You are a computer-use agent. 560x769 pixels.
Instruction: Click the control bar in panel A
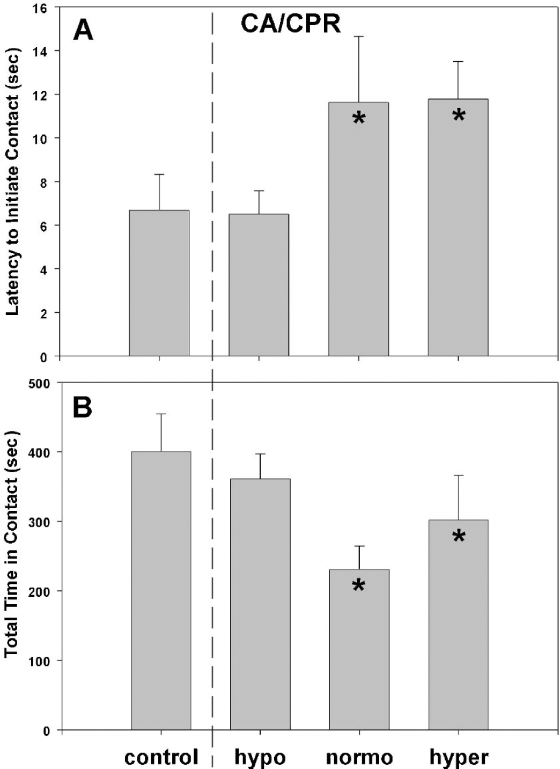(159, 283)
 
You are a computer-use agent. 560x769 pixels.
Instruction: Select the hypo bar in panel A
(259, 285)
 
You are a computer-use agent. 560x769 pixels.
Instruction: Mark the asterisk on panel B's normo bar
(359, 585)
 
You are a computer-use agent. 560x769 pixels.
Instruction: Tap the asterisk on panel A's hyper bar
(459, 116)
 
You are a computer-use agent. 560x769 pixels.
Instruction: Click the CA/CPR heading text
(291, 24)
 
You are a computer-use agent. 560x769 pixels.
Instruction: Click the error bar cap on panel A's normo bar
(359, 36)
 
